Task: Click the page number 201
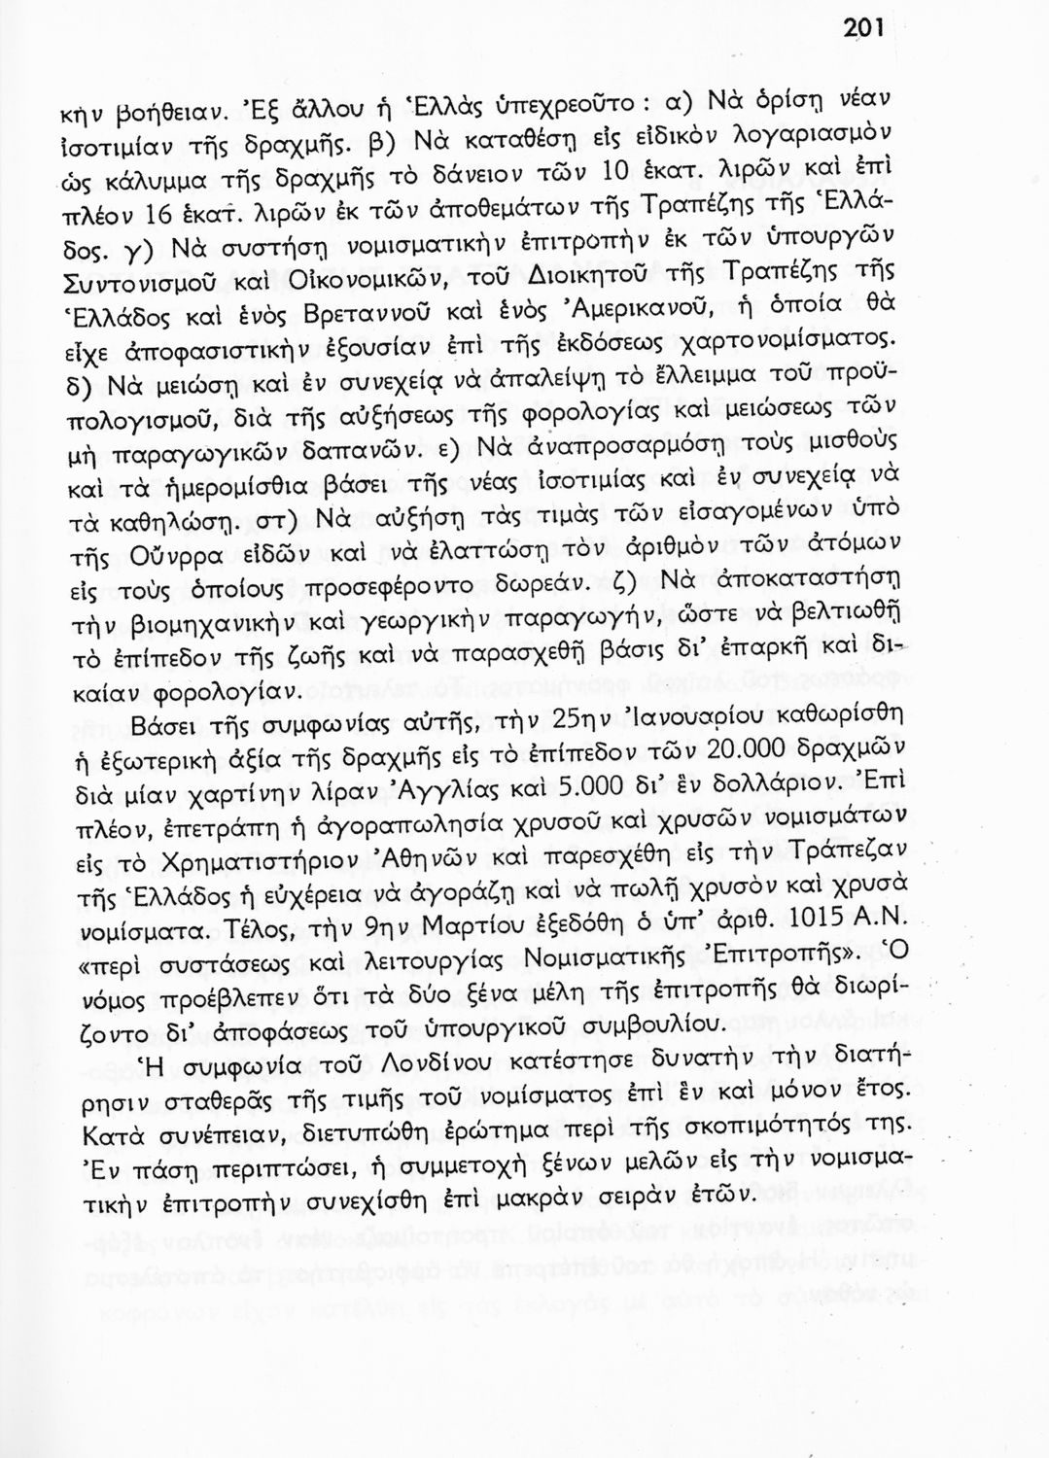862,28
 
